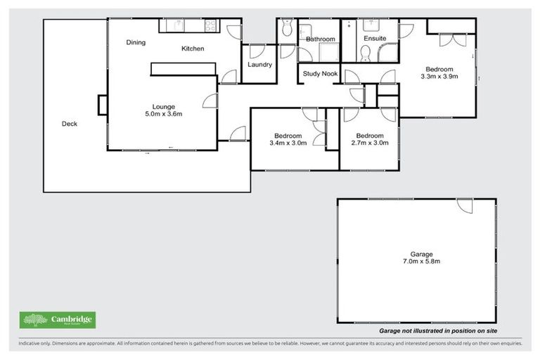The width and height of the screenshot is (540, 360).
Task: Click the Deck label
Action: click(x=69, y=124)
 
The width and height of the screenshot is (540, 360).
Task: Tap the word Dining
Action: click(x=136, y=43)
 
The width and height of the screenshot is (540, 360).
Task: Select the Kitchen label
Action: click(x=193, y=49)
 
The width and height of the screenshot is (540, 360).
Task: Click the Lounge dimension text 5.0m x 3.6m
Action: click(x=164, y=114)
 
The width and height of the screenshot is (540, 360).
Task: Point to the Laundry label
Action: click(x=259, y=65)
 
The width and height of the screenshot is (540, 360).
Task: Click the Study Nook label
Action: click(x=320, y=73)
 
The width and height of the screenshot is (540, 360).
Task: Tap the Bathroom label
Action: click(x=320, y=39)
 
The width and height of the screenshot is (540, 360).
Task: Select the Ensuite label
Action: click(x=375, y=39)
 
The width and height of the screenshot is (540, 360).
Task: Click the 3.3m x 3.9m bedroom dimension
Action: click(x=439, y=77)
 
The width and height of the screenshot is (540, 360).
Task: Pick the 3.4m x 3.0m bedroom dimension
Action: click(x=288, y=143)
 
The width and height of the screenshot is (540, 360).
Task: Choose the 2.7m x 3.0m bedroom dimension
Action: click(x=369, y=143)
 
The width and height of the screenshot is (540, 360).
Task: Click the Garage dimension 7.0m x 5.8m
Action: click(x=422, y=262)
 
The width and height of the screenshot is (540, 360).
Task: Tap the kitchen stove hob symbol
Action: click(x=210, y=25)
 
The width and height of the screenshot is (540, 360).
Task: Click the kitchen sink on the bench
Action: click(x=179, y=25)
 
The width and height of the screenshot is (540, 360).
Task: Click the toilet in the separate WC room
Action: click(x=285, y=29)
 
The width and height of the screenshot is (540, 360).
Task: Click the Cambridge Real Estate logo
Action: click(x=58, y=321)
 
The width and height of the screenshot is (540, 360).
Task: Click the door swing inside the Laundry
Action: click(x=257, y=51)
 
